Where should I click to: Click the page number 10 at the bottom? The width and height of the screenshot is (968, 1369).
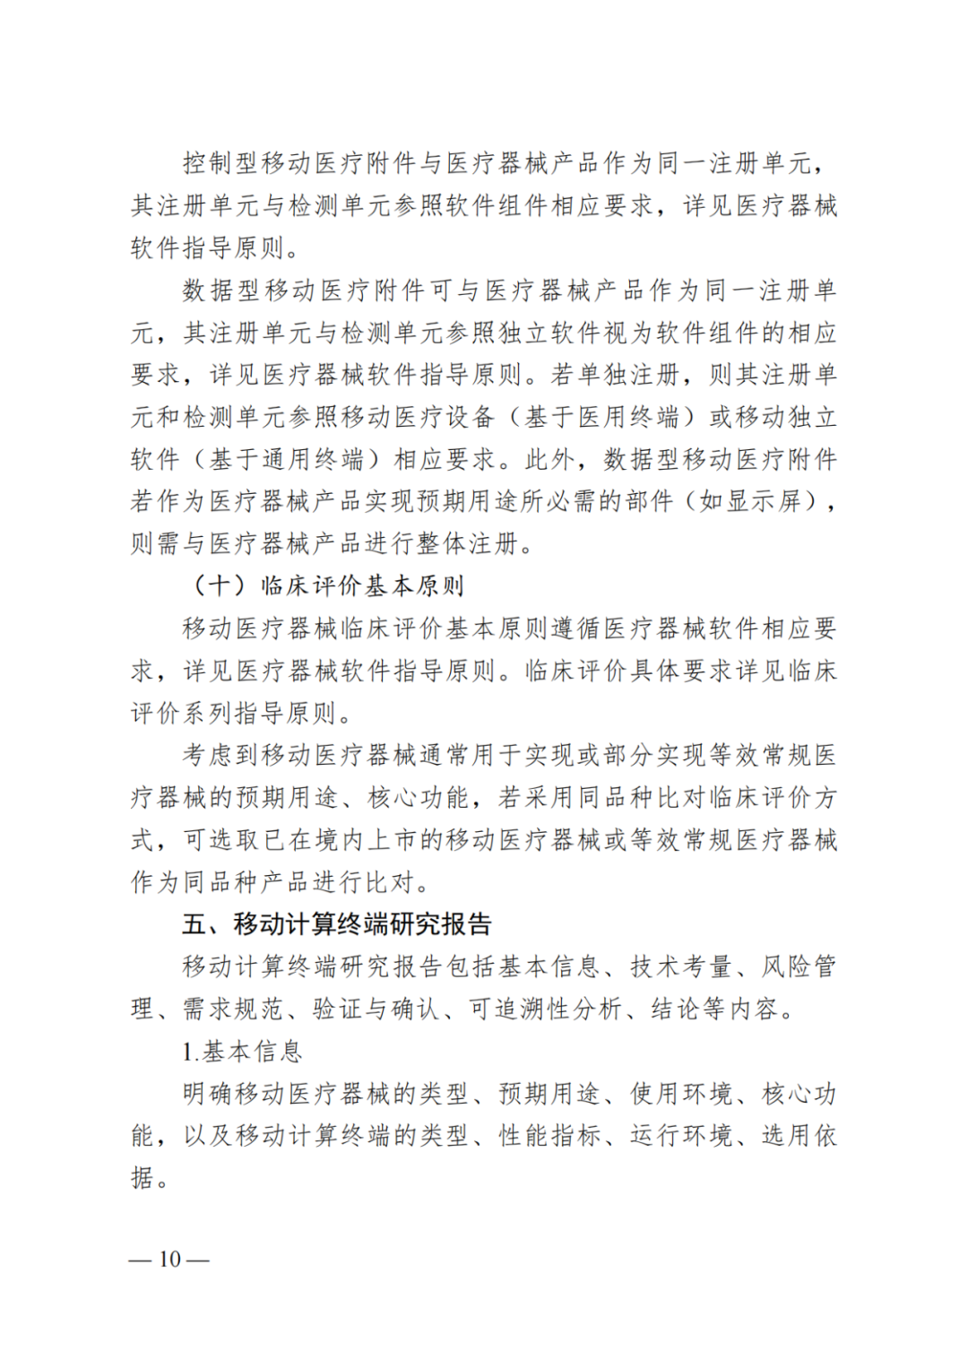169,1260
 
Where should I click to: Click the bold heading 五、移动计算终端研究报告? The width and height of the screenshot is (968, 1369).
336,923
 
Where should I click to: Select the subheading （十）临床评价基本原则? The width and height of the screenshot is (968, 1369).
326,585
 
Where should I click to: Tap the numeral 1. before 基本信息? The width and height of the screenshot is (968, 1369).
190,1052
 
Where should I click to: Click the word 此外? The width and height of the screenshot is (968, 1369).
550,459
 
